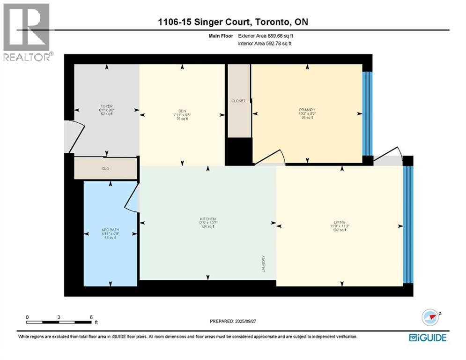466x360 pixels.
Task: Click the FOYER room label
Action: [x=106, y=106]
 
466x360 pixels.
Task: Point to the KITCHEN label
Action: [x=207, y=219]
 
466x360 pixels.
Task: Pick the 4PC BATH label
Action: [x=111, y=230]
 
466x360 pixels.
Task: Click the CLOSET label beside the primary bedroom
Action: [x=238, y=101]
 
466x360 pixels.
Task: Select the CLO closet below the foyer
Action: [x=106, y=168]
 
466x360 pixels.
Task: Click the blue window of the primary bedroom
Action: [x=367, y=112]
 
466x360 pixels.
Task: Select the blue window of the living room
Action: [x=408, y=225]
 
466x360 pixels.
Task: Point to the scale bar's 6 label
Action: [x=91, y=317]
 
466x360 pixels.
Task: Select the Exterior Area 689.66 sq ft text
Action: [x=266, y=36]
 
